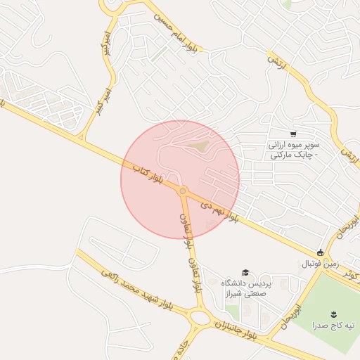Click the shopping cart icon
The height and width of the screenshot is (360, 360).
292,134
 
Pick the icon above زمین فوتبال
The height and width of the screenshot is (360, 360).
321,252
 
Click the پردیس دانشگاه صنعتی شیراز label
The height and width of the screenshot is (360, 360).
245,288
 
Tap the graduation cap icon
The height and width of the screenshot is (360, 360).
245,272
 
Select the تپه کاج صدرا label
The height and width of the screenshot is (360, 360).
334,325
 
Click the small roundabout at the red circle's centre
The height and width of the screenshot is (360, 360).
182,191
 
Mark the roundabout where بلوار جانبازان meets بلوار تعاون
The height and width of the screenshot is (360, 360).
200,317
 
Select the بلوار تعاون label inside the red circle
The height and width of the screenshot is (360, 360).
186,222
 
